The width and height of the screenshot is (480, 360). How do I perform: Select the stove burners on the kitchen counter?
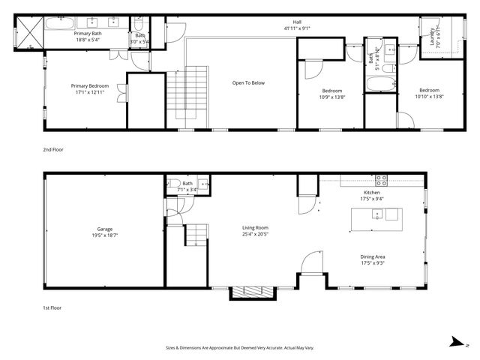point(381,180)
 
